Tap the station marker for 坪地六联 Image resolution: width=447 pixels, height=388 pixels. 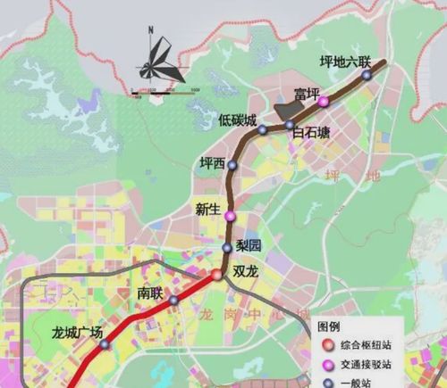click(x=367, y=76)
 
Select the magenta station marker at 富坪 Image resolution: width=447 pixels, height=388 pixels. click(x=323, y=102)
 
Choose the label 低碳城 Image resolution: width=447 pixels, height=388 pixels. click(x=237, y=120)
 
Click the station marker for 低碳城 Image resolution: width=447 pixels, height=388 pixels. click(x=263, y=130)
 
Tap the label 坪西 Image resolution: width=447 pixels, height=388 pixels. click(x=213, y=162)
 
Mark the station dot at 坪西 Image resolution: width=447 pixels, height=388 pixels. click(x=232, y=165)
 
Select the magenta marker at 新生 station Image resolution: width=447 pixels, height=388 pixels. click(x=230, y=217)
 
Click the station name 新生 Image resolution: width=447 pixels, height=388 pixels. click(x=207, y=210)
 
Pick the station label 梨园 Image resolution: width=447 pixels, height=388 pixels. click(x=249, y=245)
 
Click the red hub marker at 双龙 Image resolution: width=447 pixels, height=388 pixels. click(x=216, y=275)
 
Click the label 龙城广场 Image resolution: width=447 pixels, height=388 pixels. click(x=78, y=334)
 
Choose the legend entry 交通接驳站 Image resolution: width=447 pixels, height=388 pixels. click(x=367, y=365)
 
